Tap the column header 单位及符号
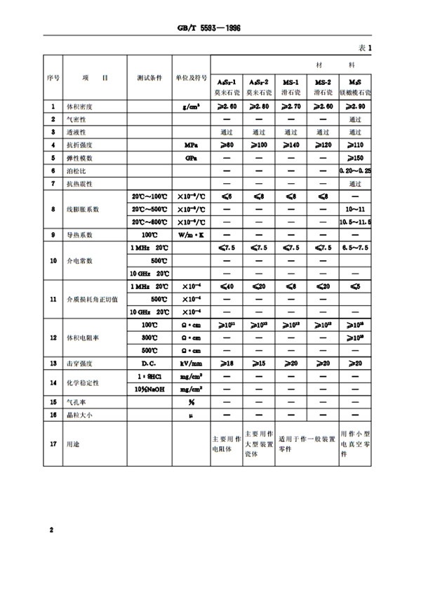(x=191, y=79)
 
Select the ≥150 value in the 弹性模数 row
(x=354, y=158)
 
